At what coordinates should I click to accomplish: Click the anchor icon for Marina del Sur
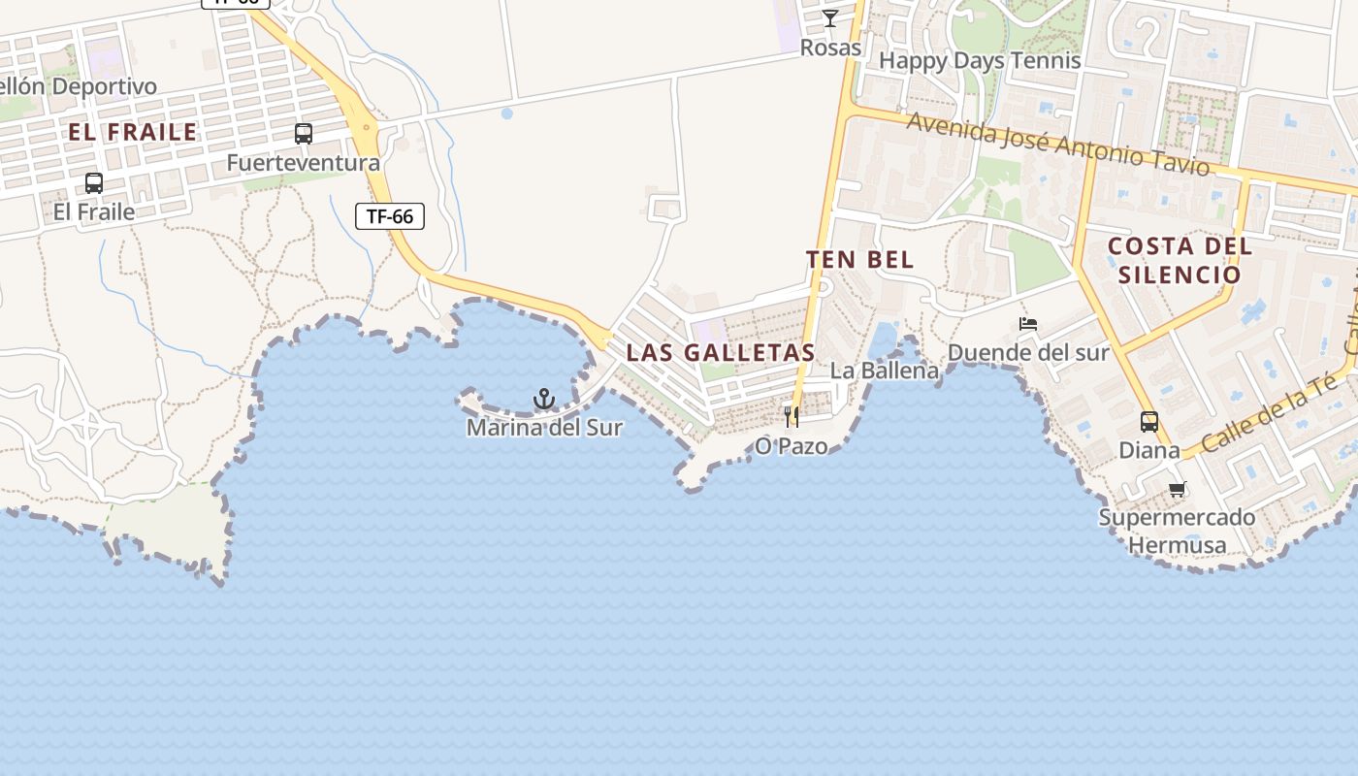tap(544, 399)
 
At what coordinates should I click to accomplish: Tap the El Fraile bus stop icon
tap(94, 182)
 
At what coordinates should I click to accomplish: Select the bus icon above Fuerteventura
tap(304, 134)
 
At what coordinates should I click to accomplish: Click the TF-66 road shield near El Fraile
tap(390, 216)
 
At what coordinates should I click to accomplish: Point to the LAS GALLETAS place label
tap(721, 352)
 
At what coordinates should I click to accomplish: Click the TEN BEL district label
tap(859, 259)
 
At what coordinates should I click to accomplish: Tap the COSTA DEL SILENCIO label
tap(1180, 260)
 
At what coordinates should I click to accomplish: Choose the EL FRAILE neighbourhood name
tap(133, 132)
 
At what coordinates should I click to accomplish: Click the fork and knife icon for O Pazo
tap(792, 417)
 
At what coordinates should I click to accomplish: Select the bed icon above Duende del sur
tap(1028, 323)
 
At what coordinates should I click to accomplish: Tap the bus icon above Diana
tap(1149, 422)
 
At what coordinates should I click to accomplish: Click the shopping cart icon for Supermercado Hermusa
tap(1178, 490)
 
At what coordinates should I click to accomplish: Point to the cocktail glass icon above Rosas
tap(830, 17)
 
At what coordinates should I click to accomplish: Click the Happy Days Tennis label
tap(980, 60)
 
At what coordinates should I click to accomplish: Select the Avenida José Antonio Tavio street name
tap(1058, 145)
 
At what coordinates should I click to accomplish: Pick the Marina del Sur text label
tap(544, 427)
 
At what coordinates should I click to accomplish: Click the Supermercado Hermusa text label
tap(1177, 532)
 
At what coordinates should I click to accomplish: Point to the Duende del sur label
tap(1028, 352)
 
